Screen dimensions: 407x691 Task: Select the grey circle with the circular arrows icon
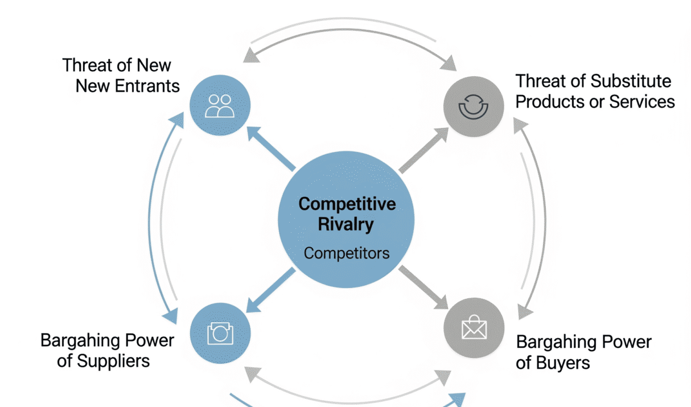click(474, 106)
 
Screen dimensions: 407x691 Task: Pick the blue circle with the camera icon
click(220, 333)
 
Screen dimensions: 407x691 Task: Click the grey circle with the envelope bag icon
click(474, 328)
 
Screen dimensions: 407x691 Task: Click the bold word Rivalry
click(345, 224)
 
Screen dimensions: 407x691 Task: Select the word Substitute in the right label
click(631, 81)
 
